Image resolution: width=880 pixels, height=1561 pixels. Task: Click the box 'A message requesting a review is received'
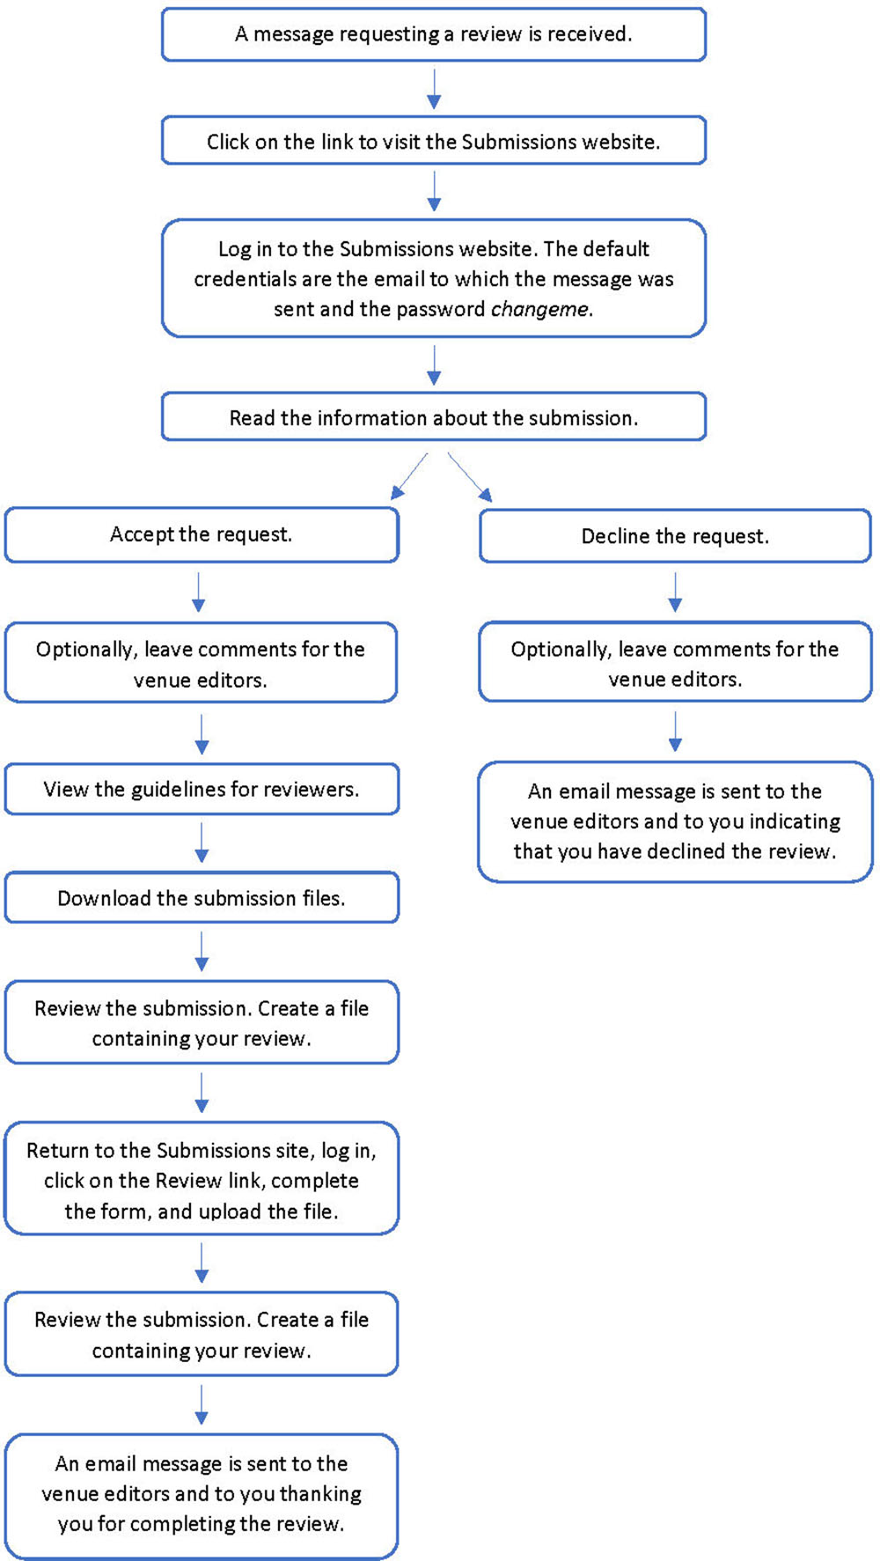[x=433, y=34]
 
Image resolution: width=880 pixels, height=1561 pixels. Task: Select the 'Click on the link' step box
[x=433, y=141]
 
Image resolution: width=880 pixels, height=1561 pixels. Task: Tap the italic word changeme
[x=539, y=309]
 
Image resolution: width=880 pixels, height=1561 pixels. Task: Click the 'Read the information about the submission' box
[x=433, y=417]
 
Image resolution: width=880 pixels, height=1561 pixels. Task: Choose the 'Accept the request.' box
[x=201, y=534]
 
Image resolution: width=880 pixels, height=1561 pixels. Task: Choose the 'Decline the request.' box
[x=675, y=536]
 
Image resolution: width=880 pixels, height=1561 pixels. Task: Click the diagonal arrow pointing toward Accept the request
[x=409, y=476]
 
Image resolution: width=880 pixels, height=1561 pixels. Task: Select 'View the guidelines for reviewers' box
[x=201, y=789]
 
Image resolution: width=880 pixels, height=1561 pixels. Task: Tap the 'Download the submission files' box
[x=201, y=898]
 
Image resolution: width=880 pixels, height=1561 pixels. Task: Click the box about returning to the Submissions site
[x=201, y=1180]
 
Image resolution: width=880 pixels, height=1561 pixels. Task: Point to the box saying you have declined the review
[x=675, y=821]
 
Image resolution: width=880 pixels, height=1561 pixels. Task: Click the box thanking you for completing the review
[x=201, y=1494]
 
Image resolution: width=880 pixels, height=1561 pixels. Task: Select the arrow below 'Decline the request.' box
[x=675, y=592]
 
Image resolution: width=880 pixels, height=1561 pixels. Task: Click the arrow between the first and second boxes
[x=433, y=89]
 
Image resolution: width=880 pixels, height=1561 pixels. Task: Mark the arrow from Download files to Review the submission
[x=202, y=952]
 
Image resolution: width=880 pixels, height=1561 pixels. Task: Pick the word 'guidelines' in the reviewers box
[x=178, y=790]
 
